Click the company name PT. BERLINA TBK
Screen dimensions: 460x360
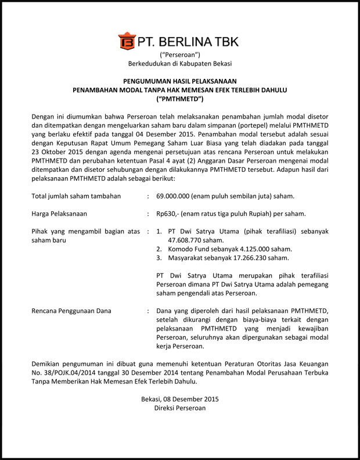[188, 42]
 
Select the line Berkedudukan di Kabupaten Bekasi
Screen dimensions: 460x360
[180, 64]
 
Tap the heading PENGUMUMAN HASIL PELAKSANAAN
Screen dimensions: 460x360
[180, 81]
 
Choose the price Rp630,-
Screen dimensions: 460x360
[169, 214]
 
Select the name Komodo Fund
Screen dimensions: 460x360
[191, 249]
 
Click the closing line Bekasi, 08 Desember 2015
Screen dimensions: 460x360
[180, 399]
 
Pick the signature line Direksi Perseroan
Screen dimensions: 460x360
[180, 408]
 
